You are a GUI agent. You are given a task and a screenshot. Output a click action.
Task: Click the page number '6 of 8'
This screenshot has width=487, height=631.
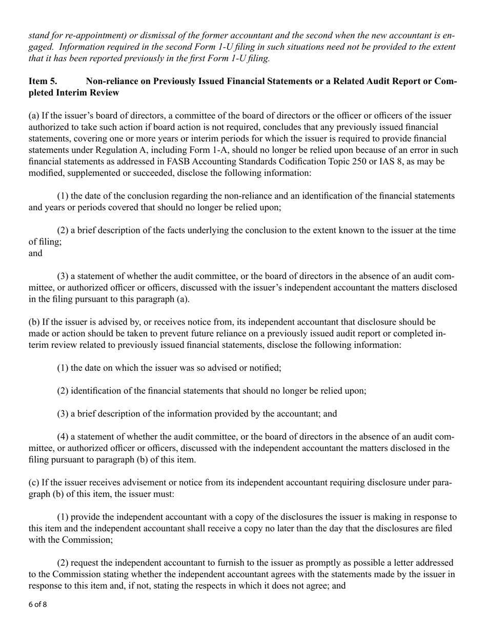[x=37, y=604]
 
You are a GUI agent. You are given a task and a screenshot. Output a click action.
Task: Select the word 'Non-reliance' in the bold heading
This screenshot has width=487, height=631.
[x=110, y=82]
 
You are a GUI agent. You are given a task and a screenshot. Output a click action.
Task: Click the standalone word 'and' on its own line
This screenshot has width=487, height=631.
[x=35, y=253]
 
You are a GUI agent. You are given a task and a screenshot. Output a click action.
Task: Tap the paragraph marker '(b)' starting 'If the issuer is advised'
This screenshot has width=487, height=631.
[x=34, y=322]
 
